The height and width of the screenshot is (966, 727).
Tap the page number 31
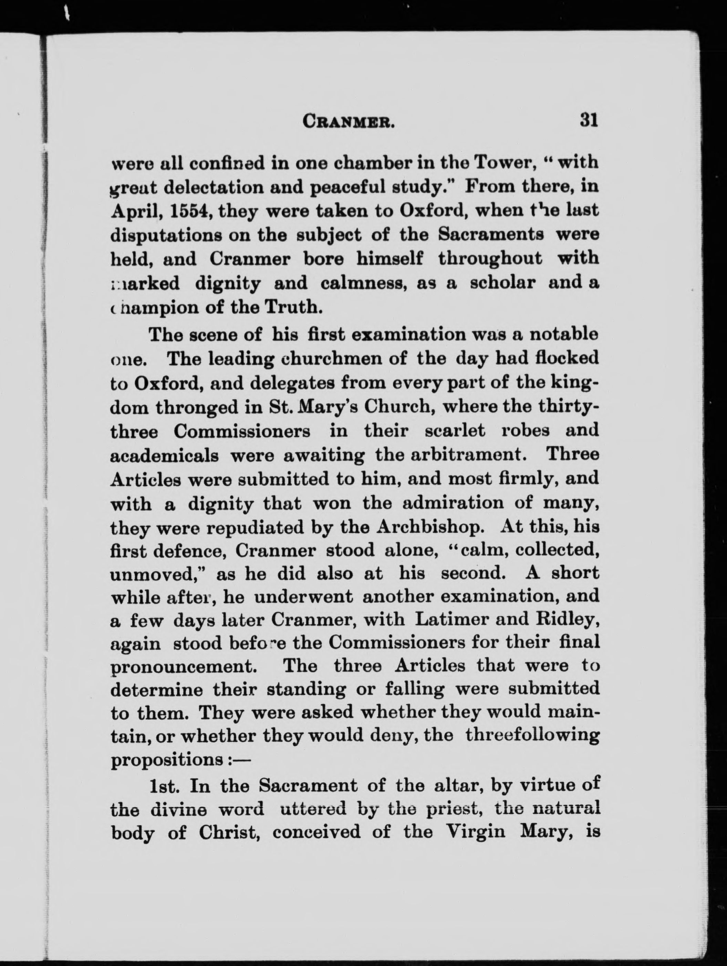pos(588,119)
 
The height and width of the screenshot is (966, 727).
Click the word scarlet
pos(455,431)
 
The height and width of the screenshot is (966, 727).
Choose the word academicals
pos(165,456)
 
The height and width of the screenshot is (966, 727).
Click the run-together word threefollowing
pos(532,735)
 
